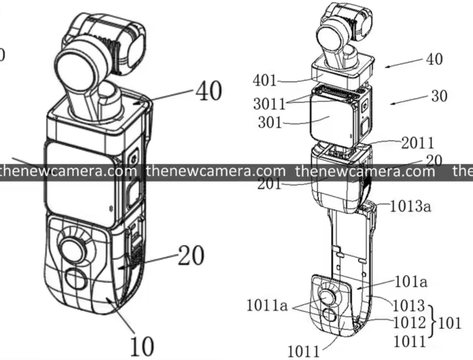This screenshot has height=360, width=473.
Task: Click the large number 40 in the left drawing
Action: pos(209,91)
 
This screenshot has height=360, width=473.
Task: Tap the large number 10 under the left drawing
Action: pos(142,346)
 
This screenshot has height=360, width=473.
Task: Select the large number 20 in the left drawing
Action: pos(191,255)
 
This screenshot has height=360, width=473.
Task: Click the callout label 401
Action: pos(265,80)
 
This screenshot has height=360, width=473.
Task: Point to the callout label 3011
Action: pos(269,104)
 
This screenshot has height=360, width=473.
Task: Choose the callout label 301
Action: pos(270,122)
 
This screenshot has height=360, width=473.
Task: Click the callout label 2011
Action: pos(417,143)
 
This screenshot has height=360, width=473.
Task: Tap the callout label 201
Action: pos(269,184)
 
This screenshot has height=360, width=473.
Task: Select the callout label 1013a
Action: pos(410,206)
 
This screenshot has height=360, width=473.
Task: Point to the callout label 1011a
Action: pos(267,305)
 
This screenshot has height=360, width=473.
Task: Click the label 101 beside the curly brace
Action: pos(449,323)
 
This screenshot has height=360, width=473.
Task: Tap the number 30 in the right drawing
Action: pos(439,96)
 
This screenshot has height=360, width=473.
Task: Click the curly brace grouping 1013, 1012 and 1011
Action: pos(433,322)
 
